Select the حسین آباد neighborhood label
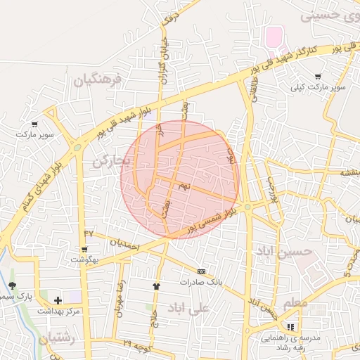(283, 251)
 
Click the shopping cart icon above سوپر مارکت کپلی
(319, 77)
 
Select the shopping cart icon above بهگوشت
(84, 249)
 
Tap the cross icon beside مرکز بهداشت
(58, 300)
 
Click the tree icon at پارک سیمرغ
(12, 285)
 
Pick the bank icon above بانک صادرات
(201, 271)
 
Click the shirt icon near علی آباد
(156, 286)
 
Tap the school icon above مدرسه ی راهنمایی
(290, 327)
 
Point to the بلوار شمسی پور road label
(211, 221)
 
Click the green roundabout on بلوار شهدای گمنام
(76, 148)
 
